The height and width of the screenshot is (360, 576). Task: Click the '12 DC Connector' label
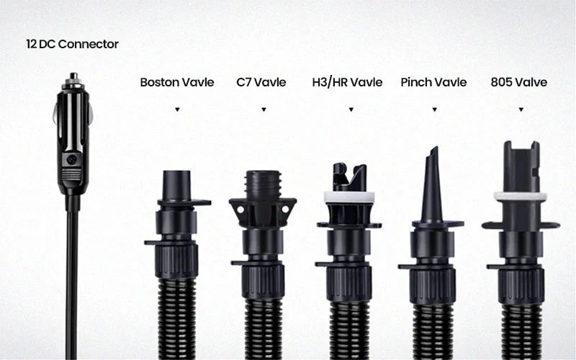[73, 44]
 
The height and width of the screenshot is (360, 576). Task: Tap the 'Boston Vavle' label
[177, 82]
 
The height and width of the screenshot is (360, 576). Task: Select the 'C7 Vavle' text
[261, 82]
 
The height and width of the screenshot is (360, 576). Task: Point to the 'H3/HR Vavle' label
[347, 82]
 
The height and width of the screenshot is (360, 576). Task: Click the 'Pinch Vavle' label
[433, 82]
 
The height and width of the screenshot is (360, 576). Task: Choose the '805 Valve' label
[518, 82]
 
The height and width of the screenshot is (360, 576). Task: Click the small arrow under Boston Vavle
[177, 109]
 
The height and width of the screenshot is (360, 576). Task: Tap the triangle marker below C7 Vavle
[264, 109]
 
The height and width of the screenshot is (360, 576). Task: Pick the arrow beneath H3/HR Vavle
[351, 109]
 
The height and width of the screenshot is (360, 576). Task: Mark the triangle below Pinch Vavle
[435, 109]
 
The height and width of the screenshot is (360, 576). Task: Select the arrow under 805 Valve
[521, 109]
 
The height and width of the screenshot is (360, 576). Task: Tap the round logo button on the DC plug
[71, 159]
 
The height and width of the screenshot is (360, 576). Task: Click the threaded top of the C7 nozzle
[263, 184]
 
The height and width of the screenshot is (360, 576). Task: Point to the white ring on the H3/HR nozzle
[349, 197]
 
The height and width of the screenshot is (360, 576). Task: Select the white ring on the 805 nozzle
[521, 196]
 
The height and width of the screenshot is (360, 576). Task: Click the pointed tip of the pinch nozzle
[436, 148]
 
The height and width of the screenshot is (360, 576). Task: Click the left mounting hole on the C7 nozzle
[240, 210]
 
